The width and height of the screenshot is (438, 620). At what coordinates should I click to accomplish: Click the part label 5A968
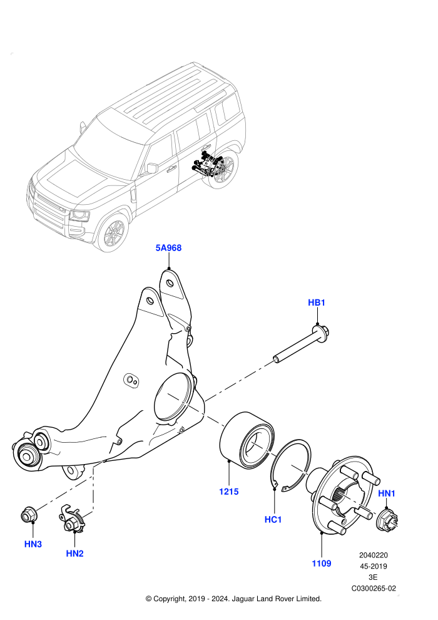pyautogui.click(x=168, y=248)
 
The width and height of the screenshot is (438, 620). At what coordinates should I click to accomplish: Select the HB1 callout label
pyautogui.click(x=317, y=302)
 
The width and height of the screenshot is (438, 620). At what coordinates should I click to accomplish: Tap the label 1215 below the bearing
pyautogui.click(x=229, y=492)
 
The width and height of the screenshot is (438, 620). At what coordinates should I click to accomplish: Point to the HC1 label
pyautogui.click(x=273, y=519)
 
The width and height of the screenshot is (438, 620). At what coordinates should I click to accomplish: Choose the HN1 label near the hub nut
pyautogui.click(x=387, y=493)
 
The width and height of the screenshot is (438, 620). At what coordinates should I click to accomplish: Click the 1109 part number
pyautogui.click(x=322, y=564)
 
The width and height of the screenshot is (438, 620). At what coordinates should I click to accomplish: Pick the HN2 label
pyautogui.click(x=74, y=554)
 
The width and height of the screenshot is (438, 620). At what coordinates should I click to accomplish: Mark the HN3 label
pyautogui.click(x=33, y=544)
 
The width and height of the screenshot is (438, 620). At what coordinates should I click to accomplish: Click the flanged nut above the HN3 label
pyautogui.click(x=29, y=514)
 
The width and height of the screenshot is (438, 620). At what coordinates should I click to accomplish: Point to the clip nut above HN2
pyautogui.click(x=72, y=519)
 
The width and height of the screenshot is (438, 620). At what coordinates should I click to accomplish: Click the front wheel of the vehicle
pyautogui.click(x=113, y=234)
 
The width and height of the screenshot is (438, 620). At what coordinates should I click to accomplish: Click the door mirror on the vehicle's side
pyautogui.click(x=151, y=168)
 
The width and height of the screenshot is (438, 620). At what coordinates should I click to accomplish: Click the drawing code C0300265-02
pyautogui.click(x=374, y=588)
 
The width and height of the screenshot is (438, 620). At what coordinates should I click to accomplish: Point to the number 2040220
pyautogui.click(x=374, y=555)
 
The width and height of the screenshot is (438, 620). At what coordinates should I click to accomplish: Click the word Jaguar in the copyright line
pyautogui.click(x=243, y=599)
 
